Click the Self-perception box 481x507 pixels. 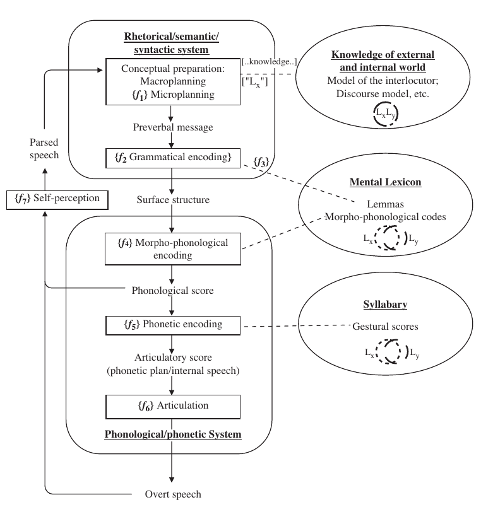pos(57,200)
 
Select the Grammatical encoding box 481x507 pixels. pos(173,158)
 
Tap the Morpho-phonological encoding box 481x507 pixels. pos(173,248)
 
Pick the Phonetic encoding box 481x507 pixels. pos(173,325)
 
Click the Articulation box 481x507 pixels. pos(173,407)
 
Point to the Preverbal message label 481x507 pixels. pos(173,127)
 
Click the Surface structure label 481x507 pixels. pos(173,199)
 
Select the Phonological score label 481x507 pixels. pos(172,290)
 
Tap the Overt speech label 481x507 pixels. pos(173,494)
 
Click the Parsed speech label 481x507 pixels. pos(44,148)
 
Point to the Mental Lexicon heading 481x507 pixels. pos(385,182)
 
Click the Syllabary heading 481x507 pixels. pos(385,305)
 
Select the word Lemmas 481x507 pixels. pos(385,204)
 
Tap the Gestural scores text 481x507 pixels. pos(385,326)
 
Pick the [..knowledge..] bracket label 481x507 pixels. pos(270,61)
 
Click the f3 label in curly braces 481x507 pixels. pos(261,161)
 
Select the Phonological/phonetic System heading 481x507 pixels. pos(173,434)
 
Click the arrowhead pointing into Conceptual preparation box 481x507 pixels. pos(100,70)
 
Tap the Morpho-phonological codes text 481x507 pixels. pos(385,217)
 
